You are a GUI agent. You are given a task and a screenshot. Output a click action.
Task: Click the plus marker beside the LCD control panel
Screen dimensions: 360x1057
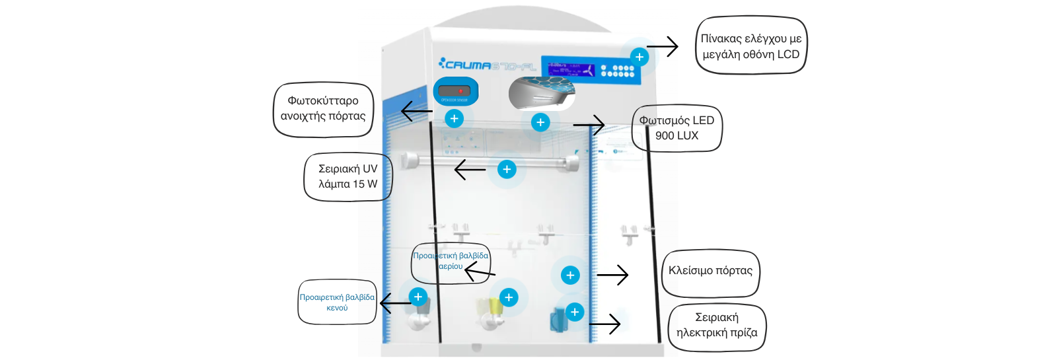639,57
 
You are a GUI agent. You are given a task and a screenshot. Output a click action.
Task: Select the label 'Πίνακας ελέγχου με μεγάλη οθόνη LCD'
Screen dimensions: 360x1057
751,46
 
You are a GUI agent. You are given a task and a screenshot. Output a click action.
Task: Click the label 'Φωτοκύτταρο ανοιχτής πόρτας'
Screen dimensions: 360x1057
323,109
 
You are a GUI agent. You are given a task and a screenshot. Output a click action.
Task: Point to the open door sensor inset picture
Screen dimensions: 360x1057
455,91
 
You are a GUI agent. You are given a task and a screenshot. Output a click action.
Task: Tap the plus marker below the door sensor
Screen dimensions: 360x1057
454,119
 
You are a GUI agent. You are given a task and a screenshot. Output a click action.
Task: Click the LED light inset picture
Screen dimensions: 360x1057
542,92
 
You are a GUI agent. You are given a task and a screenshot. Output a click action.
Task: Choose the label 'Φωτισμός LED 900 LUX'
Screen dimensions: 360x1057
676,128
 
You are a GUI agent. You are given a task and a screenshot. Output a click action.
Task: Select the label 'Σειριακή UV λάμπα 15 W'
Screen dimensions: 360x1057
347,176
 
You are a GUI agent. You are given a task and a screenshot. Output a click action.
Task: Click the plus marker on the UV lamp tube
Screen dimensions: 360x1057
507,170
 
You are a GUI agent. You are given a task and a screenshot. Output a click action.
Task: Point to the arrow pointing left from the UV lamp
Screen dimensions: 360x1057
470,170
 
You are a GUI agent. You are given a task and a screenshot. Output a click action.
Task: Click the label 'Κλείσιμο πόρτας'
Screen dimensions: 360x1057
710,271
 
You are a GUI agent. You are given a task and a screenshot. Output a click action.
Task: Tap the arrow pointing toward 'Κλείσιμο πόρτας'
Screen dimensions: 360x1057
612,275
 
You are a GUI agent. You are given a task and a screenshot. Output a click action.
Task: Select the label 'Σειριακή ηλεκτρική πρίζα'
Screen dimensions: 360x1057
717,326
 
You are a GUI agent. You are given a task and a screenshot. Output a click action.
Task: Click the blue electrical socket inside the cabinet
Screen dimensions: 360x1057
557,320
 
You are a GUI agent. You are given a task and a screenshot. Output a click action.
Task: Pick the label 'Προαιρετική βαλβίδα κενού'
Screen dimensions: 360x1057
337,303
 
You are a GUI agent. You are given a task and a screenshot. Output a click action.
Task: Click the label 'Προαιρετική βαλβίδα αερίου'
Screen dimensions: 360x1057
451,261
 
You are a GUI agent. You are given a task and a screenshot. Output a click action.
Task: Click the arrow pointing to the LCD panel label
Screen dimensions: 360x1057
662,47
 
